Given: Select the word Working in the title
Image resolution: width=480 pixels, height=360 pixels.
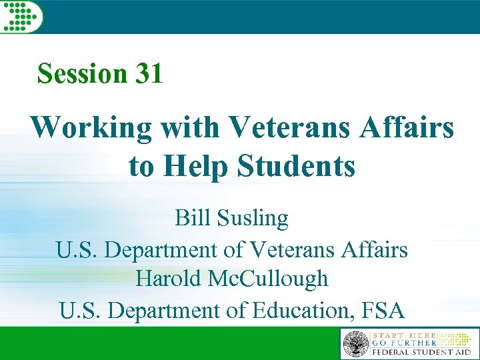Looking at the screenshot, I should click(91, 127).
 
